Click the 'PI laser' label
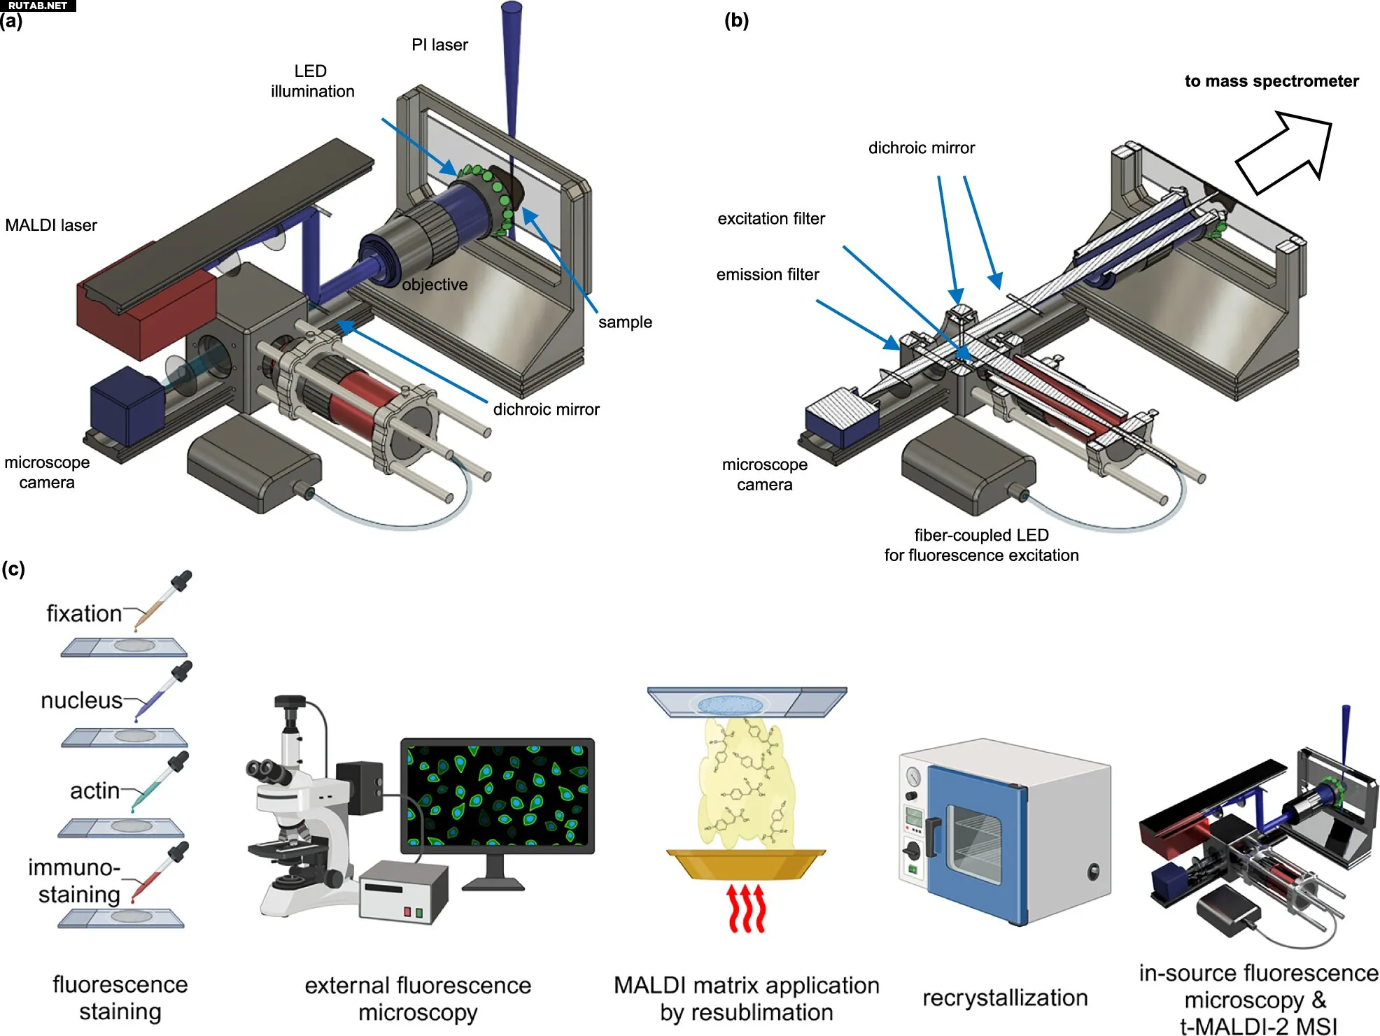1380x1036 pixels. (x=439, y=45)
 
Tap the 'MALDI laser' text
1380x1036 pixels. (x=51, y=225)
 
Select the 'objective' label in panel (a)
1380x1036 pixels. (x=435, y=285)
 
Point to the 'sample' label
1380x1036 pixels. (x=625, y=322)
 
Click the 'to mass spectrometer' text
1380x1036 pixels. (x=1271, y=81)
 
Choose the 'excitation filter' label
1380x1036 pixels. (x=771, y=219)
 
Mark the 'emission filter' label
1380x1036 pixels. (x=768, y=275)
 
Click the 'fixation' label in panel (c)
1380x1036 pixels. (x=84, y=613)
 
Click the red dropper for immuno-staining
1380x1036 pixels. (x=160, y=872)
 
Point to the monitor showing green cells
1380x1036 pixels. (x=497, y=795)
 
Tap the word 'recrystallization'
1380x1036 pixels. (x=1005, y=998)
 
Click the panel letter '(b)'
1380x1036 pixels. (x=736, y=20)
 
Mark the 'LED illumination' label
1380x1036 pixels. (x=312, y=81)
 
